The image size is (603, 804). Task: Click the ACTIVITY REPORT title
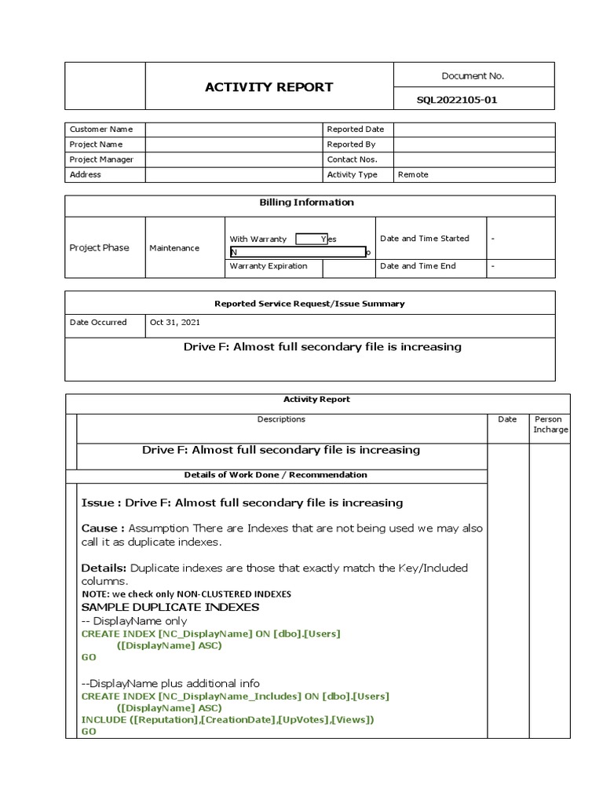tap(269, 87)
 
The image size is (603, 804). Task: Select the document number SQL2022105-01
tap(457, 100)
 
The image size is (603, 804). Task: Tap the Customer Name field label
tap(101, 129)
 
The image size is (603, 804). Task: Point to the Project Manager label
tap(101, 159)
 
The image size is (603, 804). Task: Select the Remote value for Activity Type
tap(413, 174)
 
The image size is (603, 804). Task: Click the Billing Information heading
tap(306, 203)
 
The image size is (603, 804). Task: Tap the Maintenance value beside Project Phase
tap(174, 248)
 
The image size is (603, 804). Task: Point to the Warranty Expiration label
tap(268, 266)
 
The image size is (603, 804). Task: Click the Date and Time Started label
tap(424, 239)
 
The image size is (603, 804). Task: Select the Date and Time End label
tap(418, 266)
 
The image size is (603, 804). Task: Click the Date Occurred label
tap(98, 323)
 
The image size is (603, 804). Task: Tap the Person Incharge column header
tap(550, 424)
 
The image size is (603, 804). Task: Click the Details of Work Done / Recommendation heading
tap(275, 475)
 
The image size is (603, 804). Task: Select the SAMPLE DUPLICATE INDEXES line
tap(170, 607)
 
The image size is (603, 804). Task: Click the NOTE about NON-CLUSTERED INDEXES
tap(186, 594)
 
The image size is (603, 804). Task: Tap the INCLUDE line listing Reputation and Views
tap(228, 720)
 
